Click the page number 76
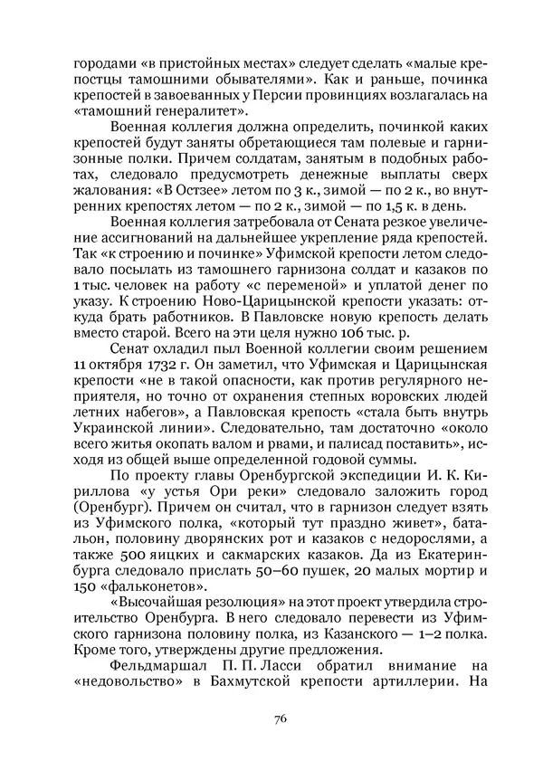[x=280, y=719]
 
